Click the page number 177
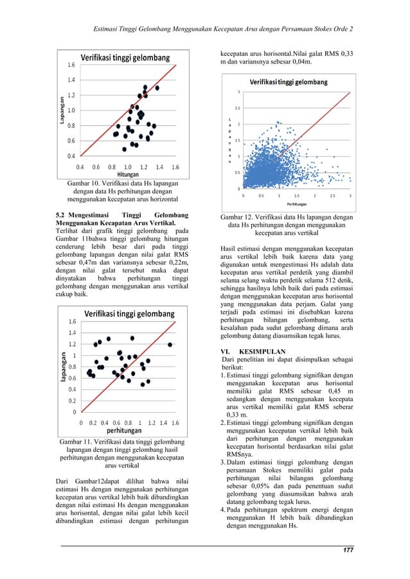point(347,551)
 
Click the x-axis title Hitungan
point(128,174)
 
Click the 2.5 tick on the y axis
point(237,108)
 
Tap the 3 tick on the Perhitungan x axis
point(350,195)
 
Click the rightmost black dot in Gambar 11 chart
point(170,345)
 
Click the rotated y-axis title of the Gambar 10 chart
point(62,109)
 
